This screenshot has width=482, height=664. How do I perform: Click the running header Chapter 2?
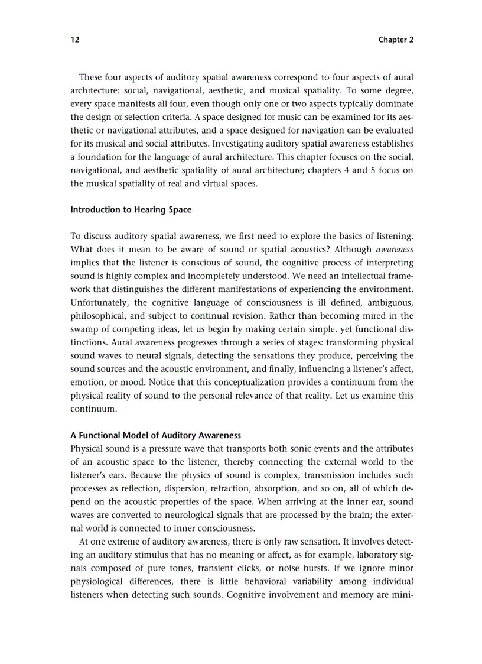[396, 40]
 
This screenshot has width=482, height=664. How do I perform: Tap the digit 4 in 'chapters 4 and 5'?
[351, 171]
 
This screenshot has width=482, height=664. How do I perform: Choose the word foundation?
[100, 158]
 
